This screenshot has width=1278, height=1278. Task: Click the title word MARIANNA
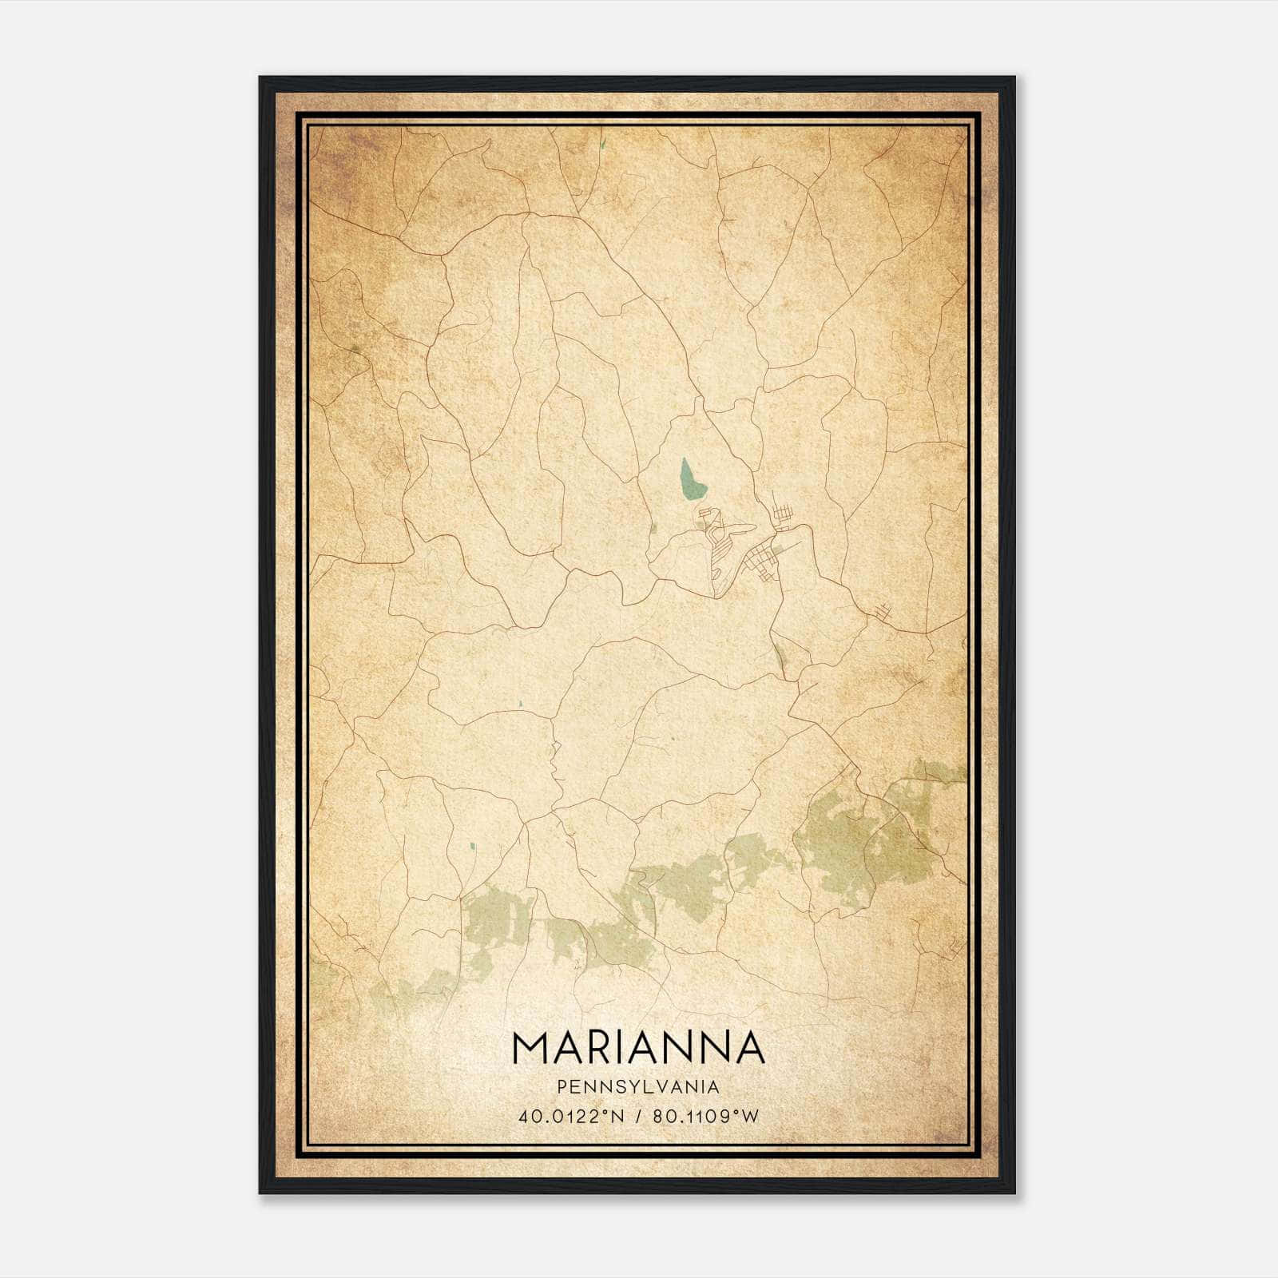pyautogui.click(x=638, y=1047)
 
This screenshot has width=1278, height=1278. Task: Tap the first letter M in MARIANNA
pyautogui.click(x=530, y=1047)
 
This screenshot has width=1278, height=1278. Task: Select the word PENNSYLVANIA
pyautogui.click(x=638, y=1086)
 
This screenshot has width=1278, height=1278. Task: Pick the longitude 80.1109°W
pyautogui.click(x=705, y=1116)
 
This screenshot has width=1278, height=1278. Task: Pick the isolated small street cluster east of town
pyautogui.click(x=881, y=612)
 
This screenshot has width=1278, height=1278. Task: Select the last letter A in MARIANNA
pyautogui.click(x=750, y=1047)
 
